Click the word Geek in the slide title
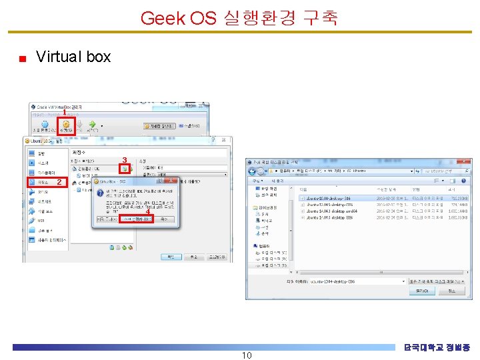pos(163,17)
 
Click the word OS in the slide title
pos(203,17)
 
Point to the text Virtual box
pos(73,57)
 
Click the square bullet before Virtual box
pos(22,59)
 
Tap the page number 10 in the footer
pos(246,355)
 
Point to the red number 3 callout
pos(124,159)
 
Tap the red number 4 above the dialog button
pos(147,212)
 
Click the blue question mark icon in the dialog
pos(101,194)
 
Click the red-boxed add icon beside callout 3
pos(125,169)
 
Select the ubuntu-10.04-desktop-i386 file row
pos(327,198)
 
